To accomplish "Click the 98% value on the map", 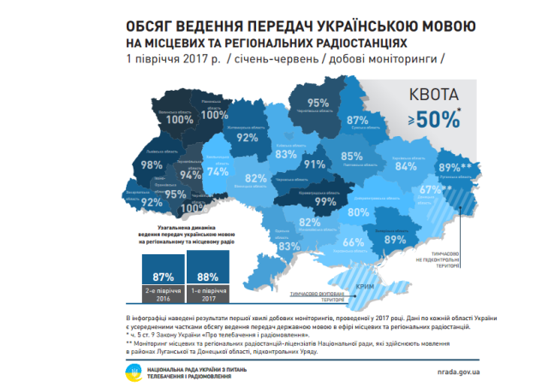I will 152,164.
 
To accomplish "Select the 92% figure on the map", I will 247,136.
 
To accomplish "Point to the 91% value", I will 315,164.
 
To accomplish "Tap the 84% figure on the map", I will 404,167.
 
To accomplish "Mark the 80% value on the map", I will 359,211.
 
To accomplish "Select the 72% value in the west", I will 152,203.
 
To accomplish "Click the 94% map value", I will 190,174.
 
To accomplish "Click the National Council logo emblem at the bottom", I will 134,372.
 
